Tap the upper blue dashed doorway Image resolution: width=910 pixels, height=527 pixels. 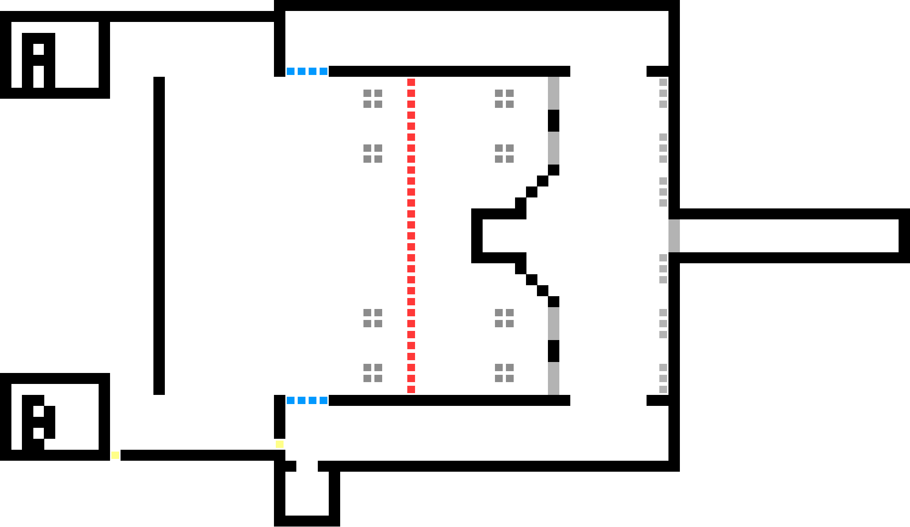pos(307,71)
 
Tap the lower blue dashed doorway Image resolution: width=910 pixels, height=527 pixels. pos(307,400)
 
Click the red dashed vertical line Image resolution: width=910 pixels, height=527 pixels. pos(411,235)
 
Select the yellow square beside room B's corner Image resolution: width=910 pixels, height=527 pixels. pos(115,455)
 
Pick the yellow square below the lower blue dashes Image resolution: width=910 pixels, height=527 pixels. pos(279,444)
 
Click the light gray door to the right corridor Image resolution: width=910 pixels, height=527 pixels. pos(674,236)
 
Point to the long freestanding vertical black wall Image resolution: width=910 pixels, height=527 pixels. pos(159,235)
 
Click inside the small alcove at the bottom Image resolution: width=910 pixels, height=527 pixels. pos(307,494)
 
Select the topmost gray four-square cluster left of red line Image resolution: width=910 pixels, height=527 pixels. pos(373,99)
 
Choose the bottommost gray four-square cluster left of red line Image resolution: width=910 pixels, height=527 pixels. pos(373,373)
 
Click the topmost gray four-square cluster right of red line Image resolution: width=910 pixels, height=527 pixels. pos(504,99)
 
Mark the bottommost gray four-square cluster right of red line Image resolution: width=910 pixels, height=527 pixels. pos(504,373)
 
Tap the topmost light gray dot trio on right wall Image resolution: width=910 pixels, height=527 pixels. pos(663,93)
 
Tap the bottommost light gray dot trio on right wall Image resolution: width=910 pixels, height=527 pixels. pos(663,378)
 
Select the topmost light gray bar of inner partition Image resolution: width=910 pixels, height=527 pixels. pos(553,93)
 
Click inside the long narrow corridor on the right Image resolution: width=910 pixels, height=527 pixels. pos(789,236)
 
